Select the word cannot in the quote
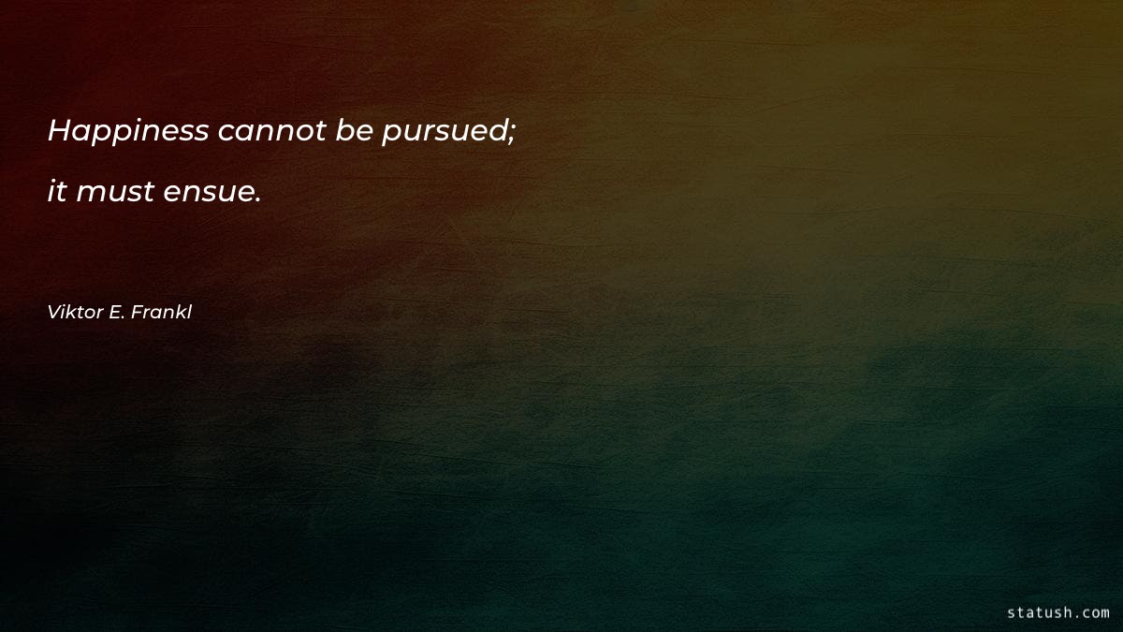271,132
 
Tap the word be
355,132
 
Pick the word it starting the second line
57,192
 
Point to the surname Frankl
162,313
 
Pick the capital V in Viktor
53,313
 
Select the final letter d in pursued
500,131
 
